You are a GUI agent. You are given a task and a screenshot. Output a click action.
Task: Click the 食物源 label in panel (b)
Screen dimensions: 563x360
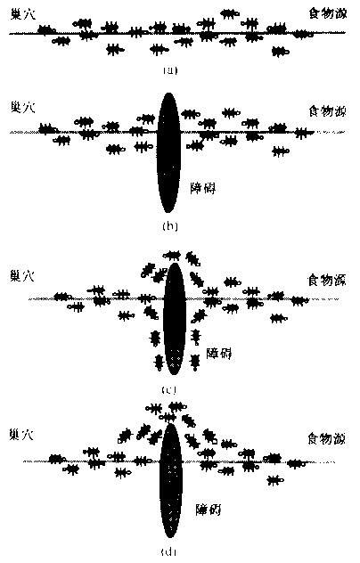click(x=324, y=111)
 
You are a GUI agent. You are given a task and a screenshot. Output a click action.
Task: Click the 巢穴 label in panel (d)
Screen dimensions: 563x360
click(x=23, y=437)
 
